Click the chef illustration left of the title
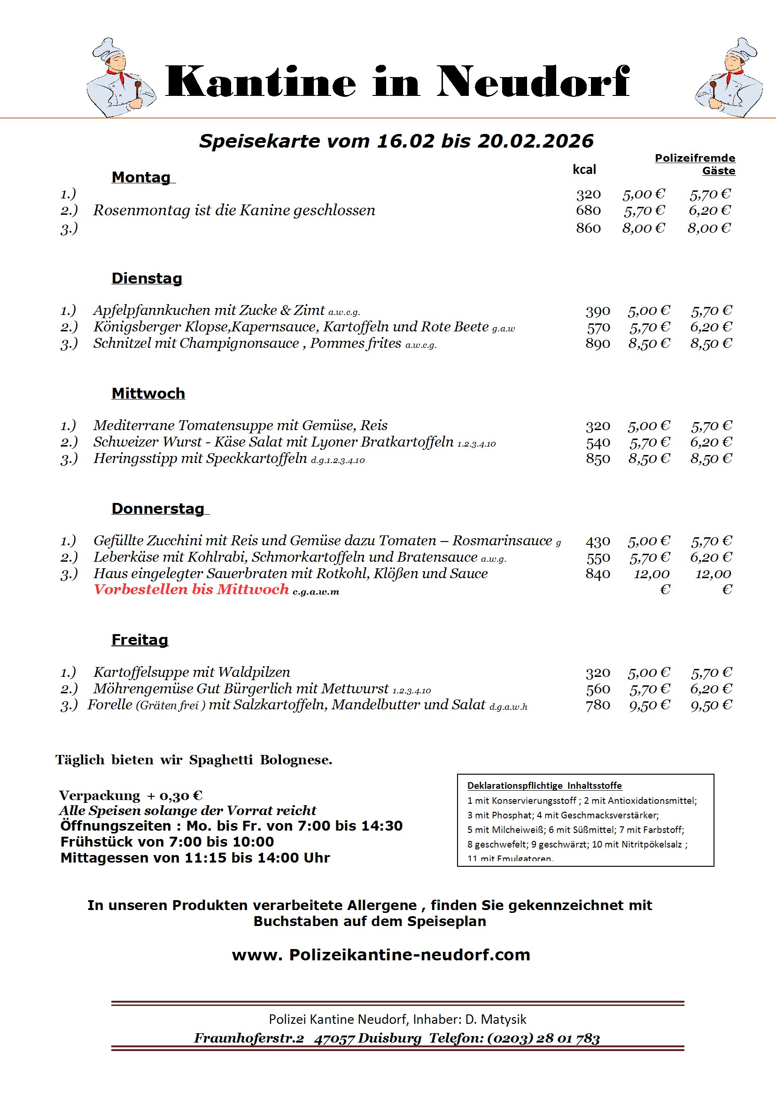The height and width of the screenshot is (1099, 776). tap(121, 78)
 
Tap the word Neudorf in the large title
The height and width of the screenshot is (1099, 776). tap(533, 82)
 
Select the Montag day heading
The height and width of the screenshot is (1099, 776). tap(141, 177)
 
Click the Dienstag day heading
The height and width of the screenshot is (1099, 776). tap(147, 278)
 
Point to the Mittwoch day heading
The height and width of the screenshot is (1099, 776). tap(148, 393)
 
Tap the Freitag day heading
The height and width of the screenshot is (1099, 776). tap(140, 639)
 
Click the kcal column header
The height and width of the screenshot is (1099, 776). tap(584, 169)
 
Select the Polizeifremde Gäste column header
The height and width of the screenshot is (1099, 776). tap(695, 164)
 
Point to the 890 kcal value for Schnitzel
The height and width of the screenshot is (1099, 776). tap(598, 344)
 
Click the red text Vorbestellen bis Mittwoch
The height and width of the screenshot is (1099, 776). tap(191, 589)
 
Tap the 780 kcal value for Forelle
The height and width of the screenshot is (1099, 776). tap(598, 705)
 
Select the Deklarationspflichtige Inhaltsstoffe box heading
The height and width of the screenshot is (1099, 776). tap(544, 785)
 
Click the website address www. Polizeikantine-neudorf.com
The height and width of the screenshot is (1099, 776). tap(381, 955)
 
